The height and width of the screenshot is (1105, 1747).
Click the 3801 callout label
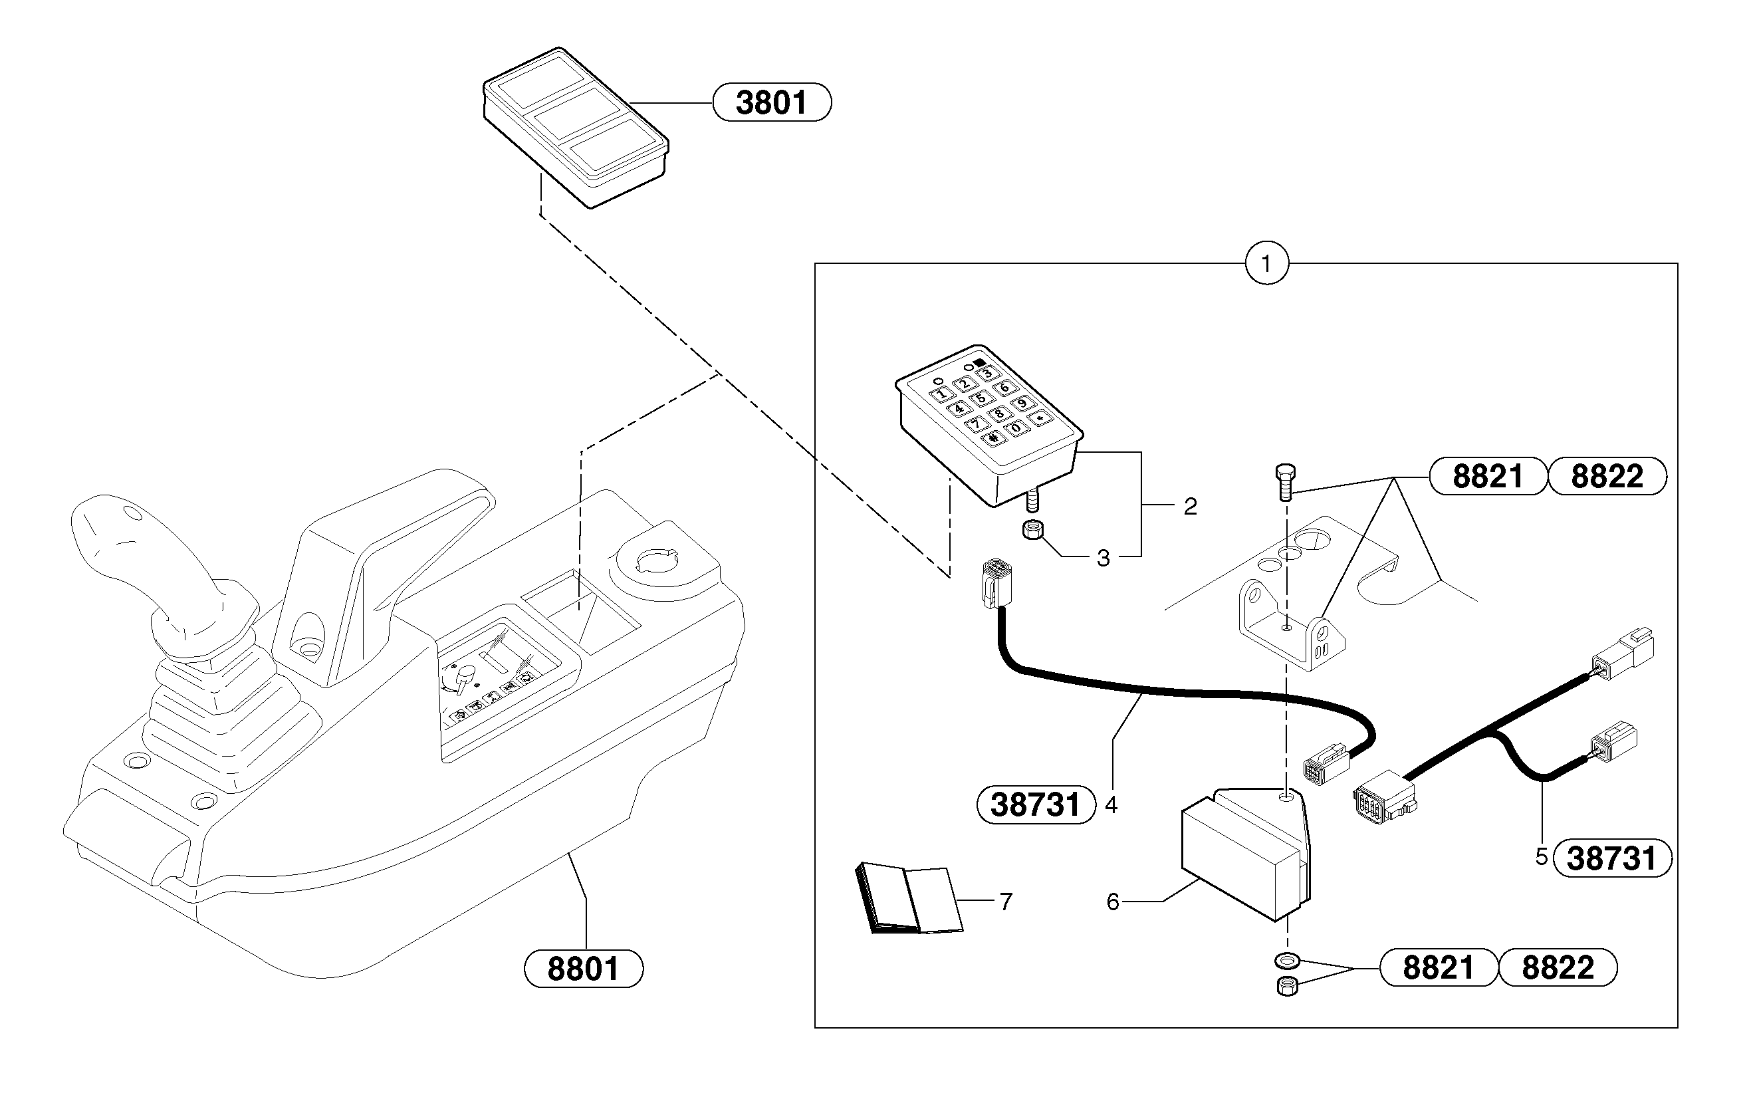[x=771, y=102]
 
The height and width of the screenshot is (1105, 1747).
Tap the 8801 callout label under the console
[x=583, y=969]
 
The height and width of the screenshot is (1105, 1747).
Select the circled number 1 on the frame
[x=1267, y=263]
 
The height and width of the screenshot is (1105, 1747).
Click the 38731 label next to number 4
[x=1036, y=804]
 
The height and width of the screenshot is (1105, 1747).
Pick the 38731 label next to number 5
[x=1612, y=858]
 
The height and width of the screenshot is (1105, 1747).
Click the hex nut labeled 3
[x=1033, y=530]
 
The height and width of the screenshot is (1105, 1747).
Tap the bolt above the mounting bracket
[x=1285, y=483]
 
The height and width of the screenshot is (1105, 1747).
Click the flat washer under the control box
[x=1287, y=961]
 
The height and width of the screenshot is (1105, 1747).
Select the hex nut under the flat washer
[x=1286, y=987]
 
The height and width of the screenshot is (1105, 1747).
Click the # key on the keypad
[x=993, y=437]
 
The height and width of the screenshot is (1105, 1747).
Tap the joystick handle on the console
[x=130, y=551]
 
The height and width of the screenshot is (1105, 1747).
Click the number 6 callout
[x=1113, y=902]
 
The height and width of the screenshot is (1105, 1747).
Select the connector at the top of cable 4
[x=992, y=584]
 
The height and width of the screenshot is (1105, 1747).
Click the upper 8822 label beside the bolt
[x=1607, y=477]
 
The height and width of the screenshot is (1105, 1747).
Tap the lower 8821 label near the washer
[x=1438, y=968]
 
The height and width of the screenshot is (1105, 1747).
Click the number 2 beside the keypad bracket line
[x=1191, y=507]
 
